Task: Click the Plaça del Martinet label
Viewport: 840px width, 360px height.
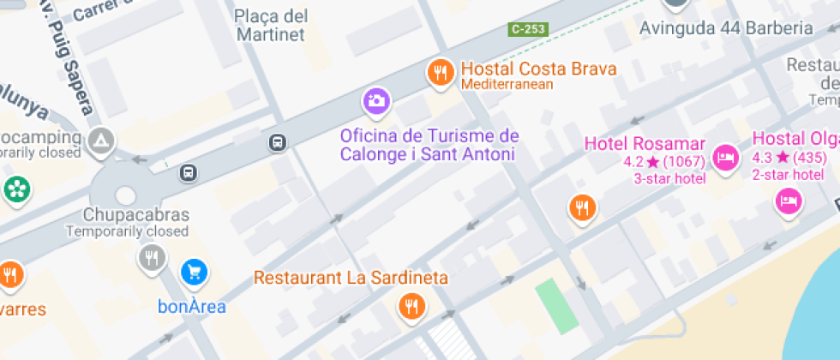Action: coord(270,26)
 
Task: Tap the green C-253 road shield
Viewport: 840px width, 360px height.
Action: coord(528,29)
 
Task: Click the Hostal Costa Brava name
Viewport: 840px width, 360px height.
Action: coord(538,69)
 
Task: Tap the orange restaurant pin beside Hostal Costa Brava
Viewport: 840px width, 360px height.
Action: coord(441,73)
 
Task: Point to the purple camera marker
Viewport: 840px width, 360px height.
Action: coord(375,101)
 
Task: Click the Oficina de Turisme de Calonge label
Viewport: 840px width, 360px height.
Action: coord(429,145)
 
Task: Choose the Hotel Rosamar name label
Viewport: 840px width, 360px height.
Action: coord(645,144)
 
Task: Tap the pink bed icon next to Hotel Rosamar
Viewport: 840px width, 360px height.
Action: coord(725,157)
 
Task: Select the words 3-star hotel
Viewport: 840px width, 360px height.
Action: coord(669,178)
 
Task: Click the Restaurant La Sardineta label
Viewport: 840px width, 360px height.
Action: coord(351,279)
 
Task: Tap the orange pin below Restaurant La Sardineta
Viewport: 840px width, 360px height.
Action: coord(411,306)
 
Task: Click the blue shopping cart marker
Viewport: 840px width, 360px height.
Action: coord(195,273)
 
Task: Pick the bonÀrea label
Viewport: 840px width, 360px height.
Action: coord(192,306)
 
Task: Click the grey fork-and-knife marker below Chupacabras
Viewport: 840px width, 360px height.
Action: coord(152,256)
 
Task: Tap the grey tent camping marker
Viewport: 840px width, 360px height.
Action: coord(101,139)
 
